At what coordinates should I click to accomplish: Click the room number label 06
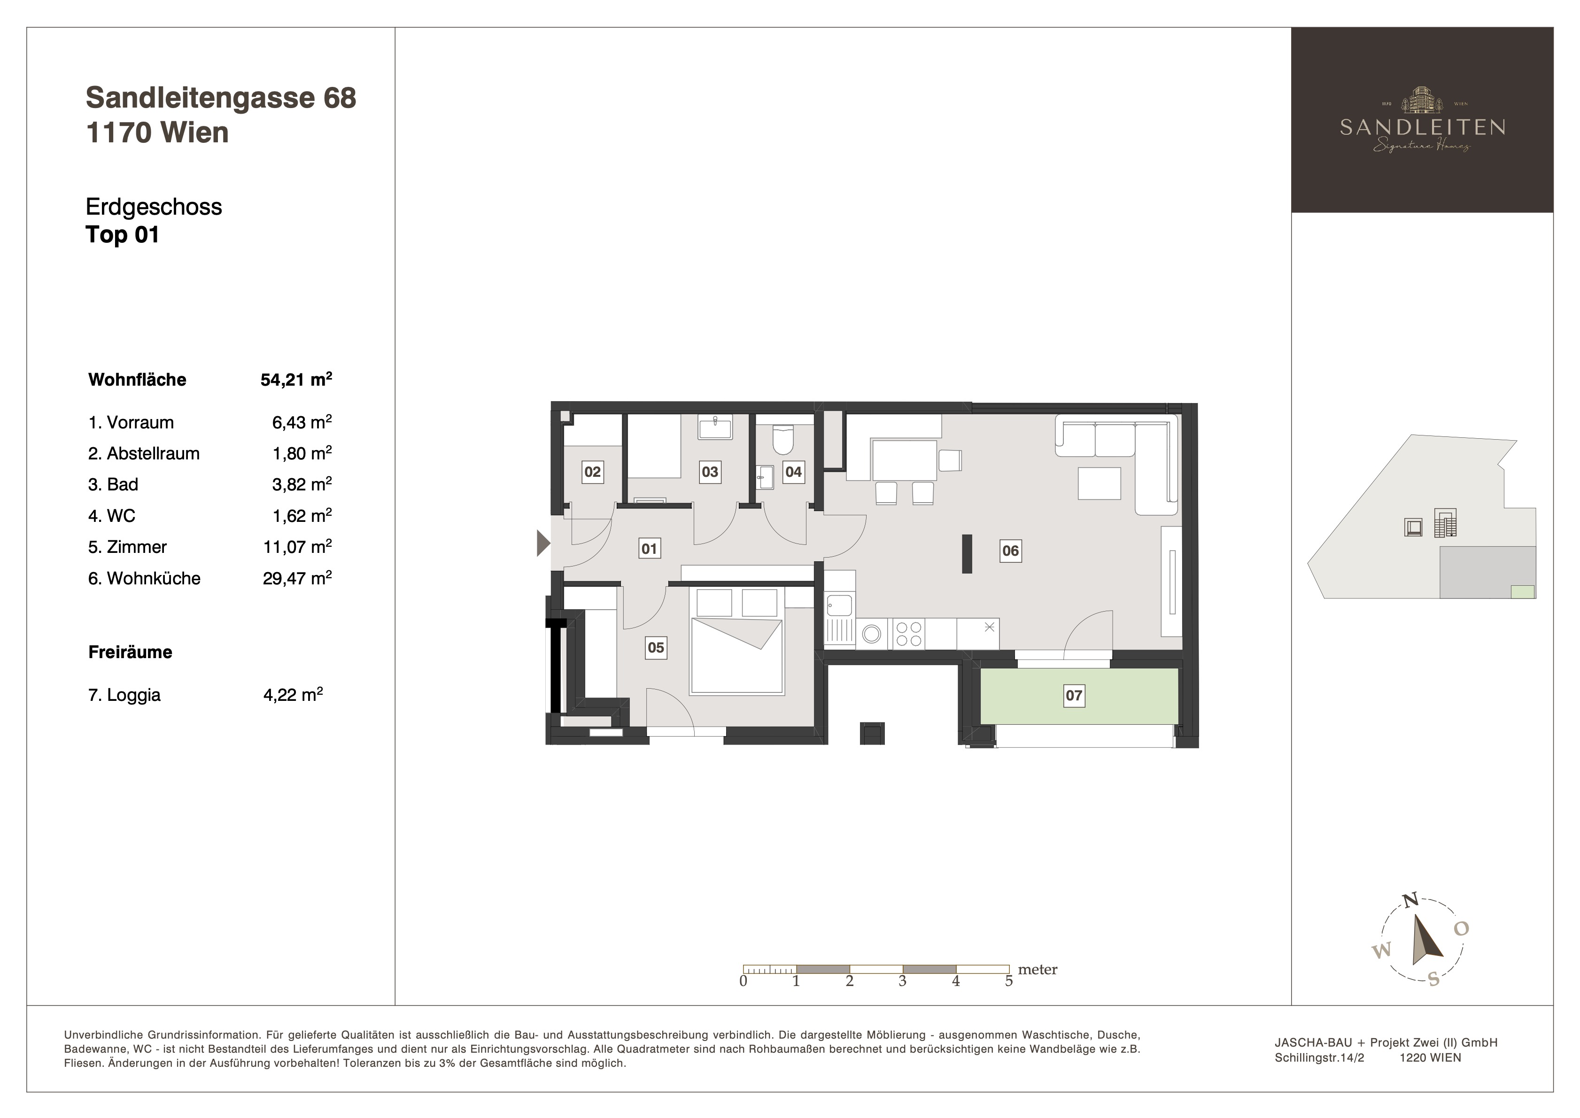click(1010, 551)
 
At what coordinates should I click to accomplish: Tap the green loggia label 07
click(1074, 695)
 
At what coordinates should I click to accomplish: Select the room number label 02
click(593, 472)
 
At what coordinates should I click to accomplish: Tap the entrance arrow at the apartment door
click(543, 543)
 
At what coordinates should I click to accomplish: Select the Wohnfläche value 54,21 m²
click(296, 380)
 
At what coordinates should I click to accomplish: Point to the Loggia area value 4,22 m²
click(293, 695)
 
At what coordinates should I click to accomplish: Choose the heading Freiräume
click(130, 652)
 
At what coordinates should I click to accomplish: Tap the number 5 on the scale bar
click(1009, 981)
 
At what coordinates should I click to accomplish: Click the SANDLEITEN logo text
click(1422, 127)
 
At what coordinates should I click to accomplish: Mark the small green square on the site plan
click(1523, 591)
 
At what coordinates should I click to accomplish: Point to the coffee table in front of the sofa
click(1100, 483)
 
